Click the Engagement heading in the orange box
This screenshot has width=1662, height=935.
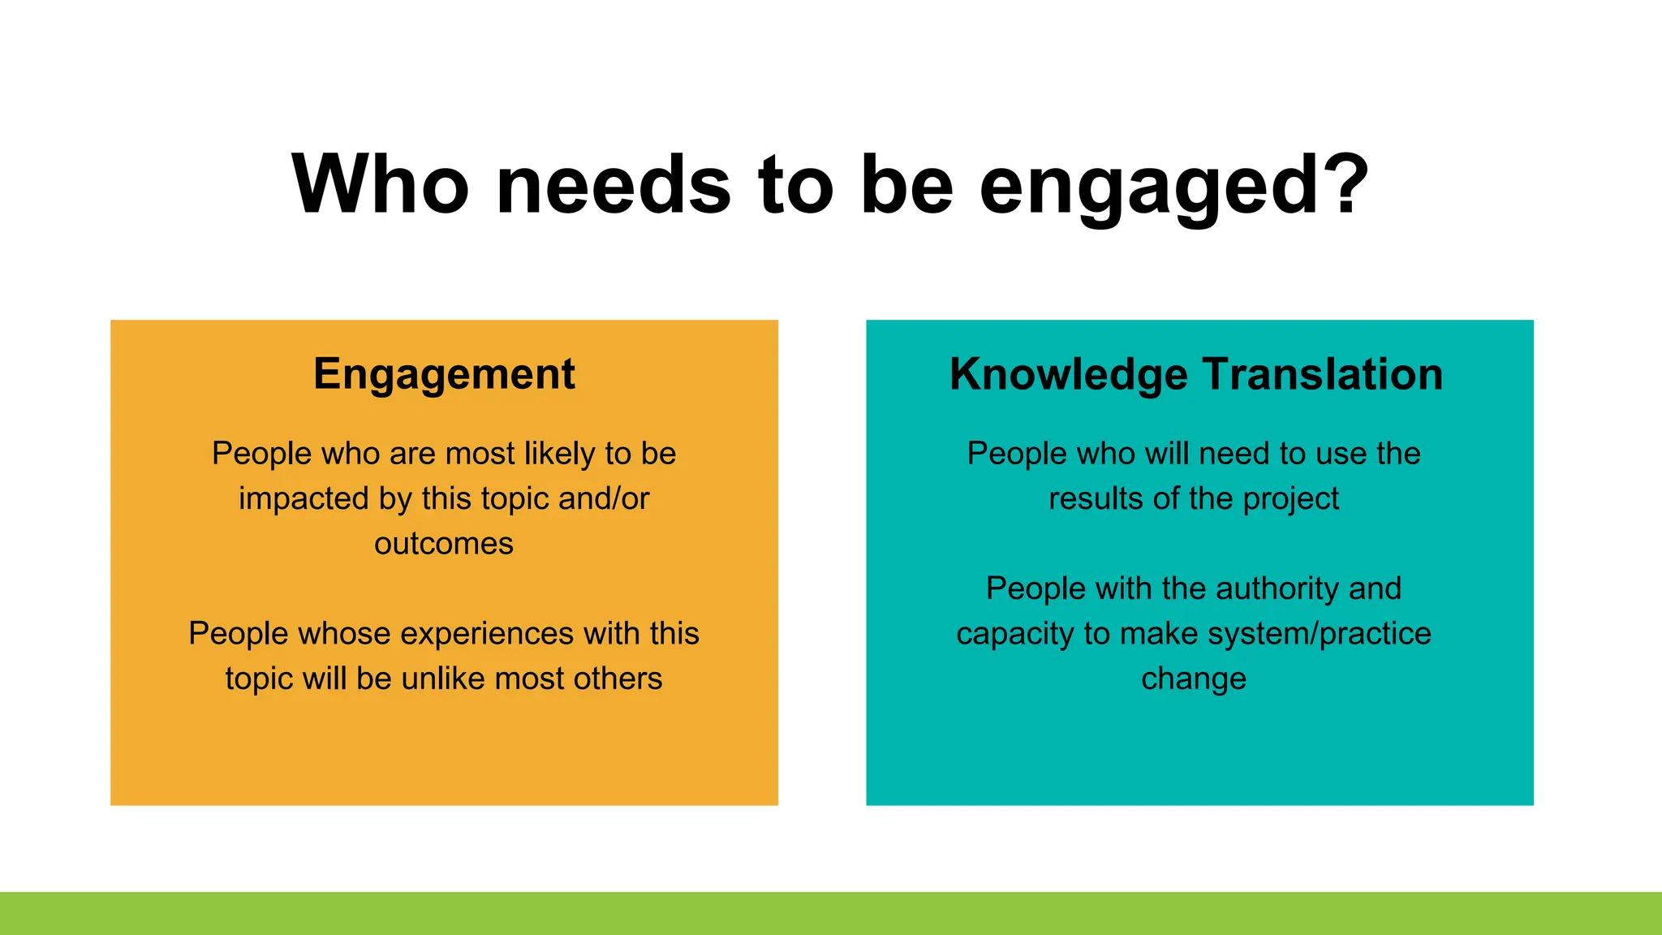[444, 375]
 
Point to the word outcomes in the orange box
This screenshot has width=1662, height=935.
[444, 544]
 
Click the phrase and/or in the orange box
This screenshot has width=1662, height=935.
[604, 499]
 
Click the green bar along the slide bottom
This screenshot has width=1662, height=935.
[831, 913]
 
